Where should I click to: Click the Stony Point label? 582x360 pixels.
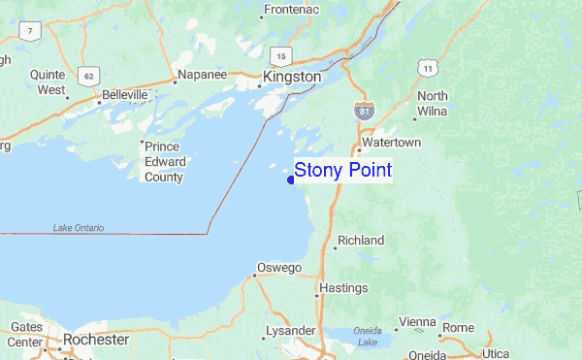[342, 171]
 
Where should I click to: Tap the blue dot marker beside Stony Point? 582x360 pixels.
[291, 179]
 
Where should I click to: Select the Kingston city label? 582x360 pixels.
[292, 76]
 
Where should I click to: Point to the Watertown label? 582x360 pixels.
[391, 143]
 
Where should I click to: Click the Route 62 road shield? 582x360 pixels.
[89, 75]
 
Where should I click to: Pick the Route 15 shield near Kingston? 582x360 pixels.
[281, 55]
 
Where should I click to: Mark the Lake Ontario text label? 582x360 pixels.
[79, 228]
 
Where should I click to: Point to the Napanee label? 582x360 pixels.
[201, 74]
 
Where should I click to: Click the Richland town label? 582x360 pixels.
[360, 240]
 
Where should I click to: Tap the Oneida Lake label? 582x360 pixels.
[368, 335]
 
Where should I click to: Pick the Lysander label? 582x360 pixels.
[294, 330]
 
